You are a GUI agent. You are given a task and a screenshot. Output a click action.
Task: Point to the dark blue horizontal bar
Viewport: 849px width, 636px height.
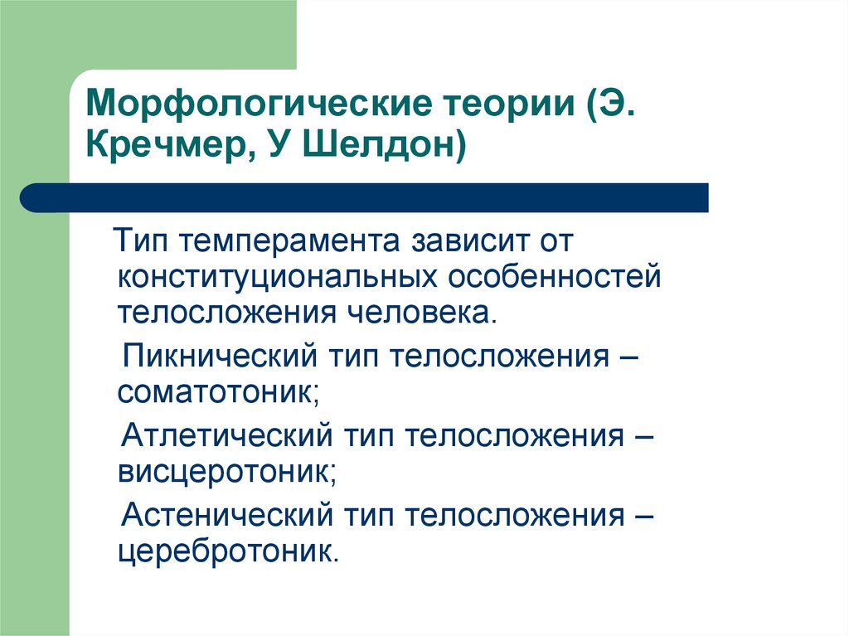point(365,197)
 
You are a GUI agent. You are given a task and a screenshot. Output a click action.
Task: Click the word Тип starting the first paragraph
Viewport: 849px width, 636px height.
point(140,243)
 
